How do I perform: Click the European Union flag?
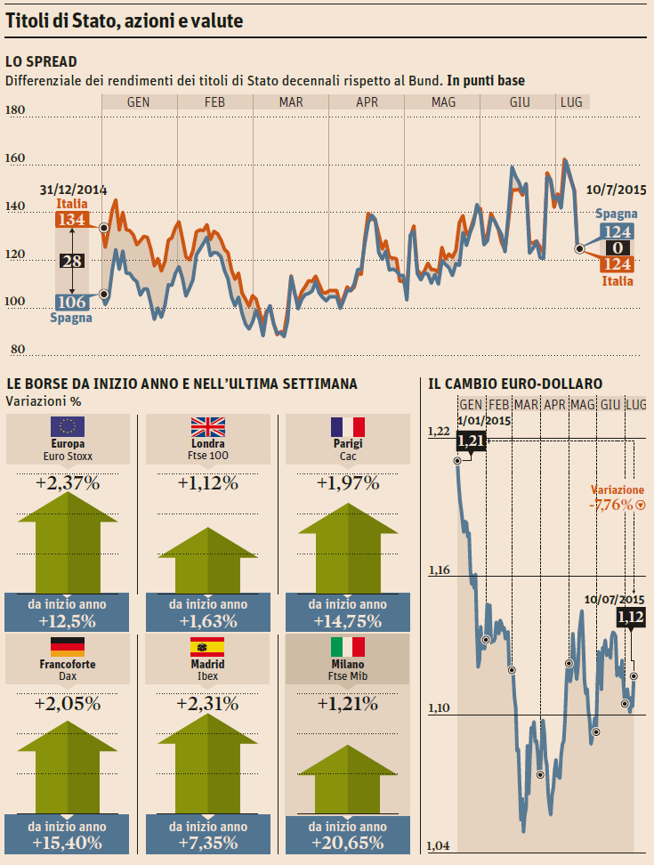(x=68, y=426)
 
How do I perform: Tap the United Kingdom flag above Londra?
(x=207, y=426)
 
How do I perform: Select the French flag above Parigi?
(x=348, y=426)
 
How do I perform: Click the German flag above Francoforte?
(x=68, y=647)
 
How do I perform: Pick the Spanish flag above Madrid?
(x=207, y=647)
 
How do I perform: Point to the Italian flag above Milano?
(x=348, y=647)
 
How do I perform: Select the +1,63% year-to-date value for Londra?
(x=207, y=621)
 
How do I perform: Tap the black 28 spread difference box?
(x=71, y=261)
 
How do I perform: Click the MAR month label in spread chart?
(x=291, y=102)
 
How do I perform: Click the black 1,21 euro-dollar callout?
(x=471, y=440)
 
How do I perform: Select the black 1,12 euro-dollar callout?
(x=630, y=616)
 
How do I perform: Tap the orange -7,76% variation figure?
(x=610, y=505)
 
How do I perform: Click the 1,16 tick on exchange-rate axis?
(x=439, y=570)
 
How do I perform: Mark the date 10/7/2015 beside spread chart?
(x=617, y=189)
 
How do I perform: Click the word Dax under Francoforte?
(x=68, y=676)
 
